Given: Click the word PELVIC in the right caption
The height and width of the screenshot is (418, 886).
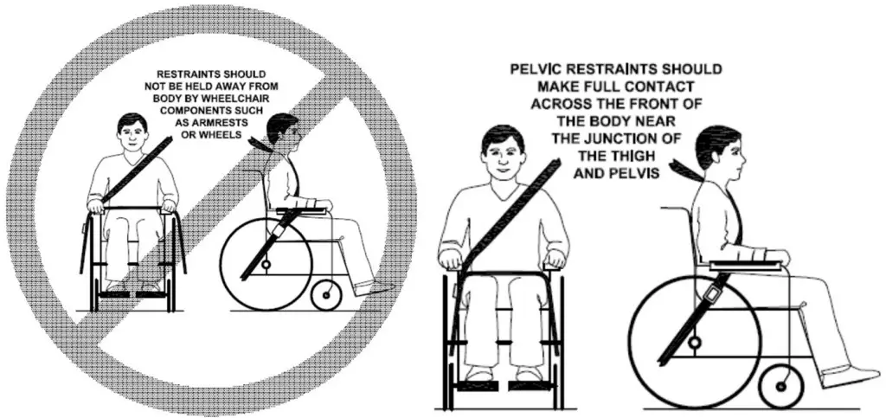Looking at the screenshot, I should [536, 68].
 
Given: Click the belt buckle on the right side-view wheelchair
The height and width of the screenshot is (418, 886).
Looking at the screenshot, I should [711, 294].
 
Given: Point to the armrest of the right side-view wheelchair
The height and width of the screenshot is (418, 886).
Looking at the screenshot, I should [744, 265].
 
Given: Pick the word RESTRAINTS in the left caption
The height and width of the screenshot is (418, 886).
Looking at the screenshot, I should [189, 74].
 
